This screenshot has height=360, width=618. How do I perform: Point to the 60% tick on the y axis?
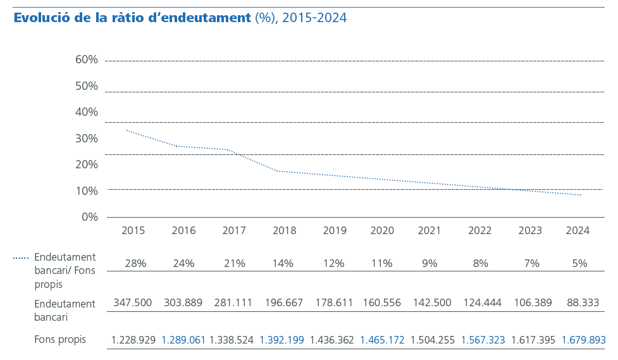point(87,60)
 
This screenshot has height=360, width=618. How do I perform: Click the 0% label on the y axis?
point(90,217)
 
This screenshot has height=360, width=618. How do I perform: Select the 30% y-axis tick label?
point(87,139)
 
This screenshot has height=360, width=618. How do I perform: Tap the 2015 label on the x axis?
point(133,231)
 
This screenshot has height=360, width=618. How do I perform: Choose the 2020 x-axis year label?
point(382,231)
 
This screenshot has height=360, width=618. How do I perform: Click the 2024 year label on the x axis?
point(577,231)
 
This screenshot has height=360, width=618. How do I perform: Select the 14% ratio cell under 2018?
point(283,263)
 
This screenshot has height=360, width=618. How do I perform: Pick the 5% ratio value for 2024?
point(579,263)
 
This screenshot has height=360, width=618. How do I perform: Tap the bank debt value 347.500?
point(133,303)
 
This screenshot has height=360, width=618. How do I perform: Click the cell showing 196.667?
point(283,303)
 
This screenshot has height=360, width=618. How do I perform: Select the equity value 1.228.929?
point(133,340)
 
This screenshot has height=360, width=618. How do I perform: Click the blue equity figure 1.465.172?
point(382,340)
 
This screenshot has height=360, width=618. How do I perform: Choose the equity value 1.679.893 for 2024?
point(583,340)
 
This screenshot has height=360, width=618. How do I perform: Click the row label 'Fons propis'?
point(60,340)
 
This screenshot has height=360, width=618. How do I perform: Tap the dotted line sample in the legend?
point(21,258)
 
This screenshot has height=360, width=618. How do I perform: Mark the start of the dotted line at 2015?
point(127,130)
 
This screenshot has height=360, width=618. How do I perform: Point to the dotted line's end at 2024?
point(581,195)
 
